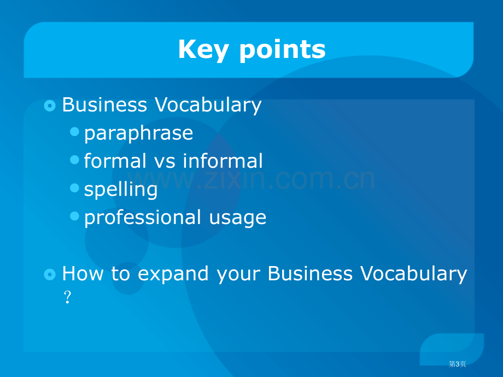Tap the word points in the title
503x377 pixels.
click(x=283, y=50)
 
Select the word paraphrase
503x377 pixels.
click(x=138, y=133)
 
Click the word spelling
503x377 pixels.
click(x=121, y=190)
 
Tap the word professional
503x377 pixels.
click(x=143, y=217)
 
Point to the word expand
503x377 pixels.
click(x=173, y=274)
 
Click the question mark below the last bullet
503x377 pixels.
click(x=67, y=297)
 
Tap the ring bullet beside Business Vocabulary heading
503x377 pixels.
click(x=50, y=105)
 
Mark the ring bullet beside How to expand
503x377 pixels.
click(x=50, y=274)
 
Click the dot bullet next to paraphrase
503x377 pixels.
click(x=74, y=132)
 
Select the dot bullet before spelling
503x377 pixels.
click(x=74, y=188)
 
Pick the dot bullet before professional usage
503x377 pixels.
click(x=74, y=216)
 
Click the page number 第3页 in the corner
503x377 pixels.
click(x=457, y=364)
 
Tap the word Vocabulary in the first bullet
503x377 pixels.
click(x=208, y=105)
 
